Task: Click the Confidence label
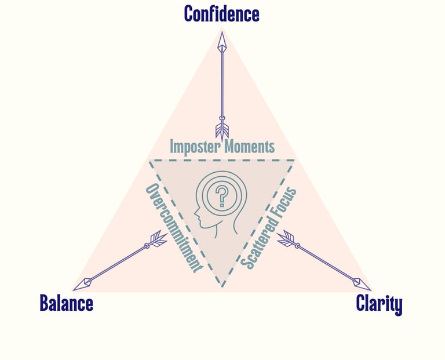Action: pos(221,13)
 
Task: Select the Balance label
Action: pos(66,303)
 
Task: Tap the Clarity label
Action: pos(379,303)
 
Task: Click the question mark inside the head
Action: pos(220,197)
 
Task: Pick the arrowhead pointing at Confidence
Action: pos(221,42)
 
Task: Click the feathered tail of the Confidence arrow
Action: pos(221,129)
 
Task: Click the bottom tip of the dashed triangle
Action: pos(221,286)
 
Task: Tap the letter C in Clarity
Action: pos(362,303)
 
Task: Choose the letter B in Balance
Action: pos(45,303)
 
